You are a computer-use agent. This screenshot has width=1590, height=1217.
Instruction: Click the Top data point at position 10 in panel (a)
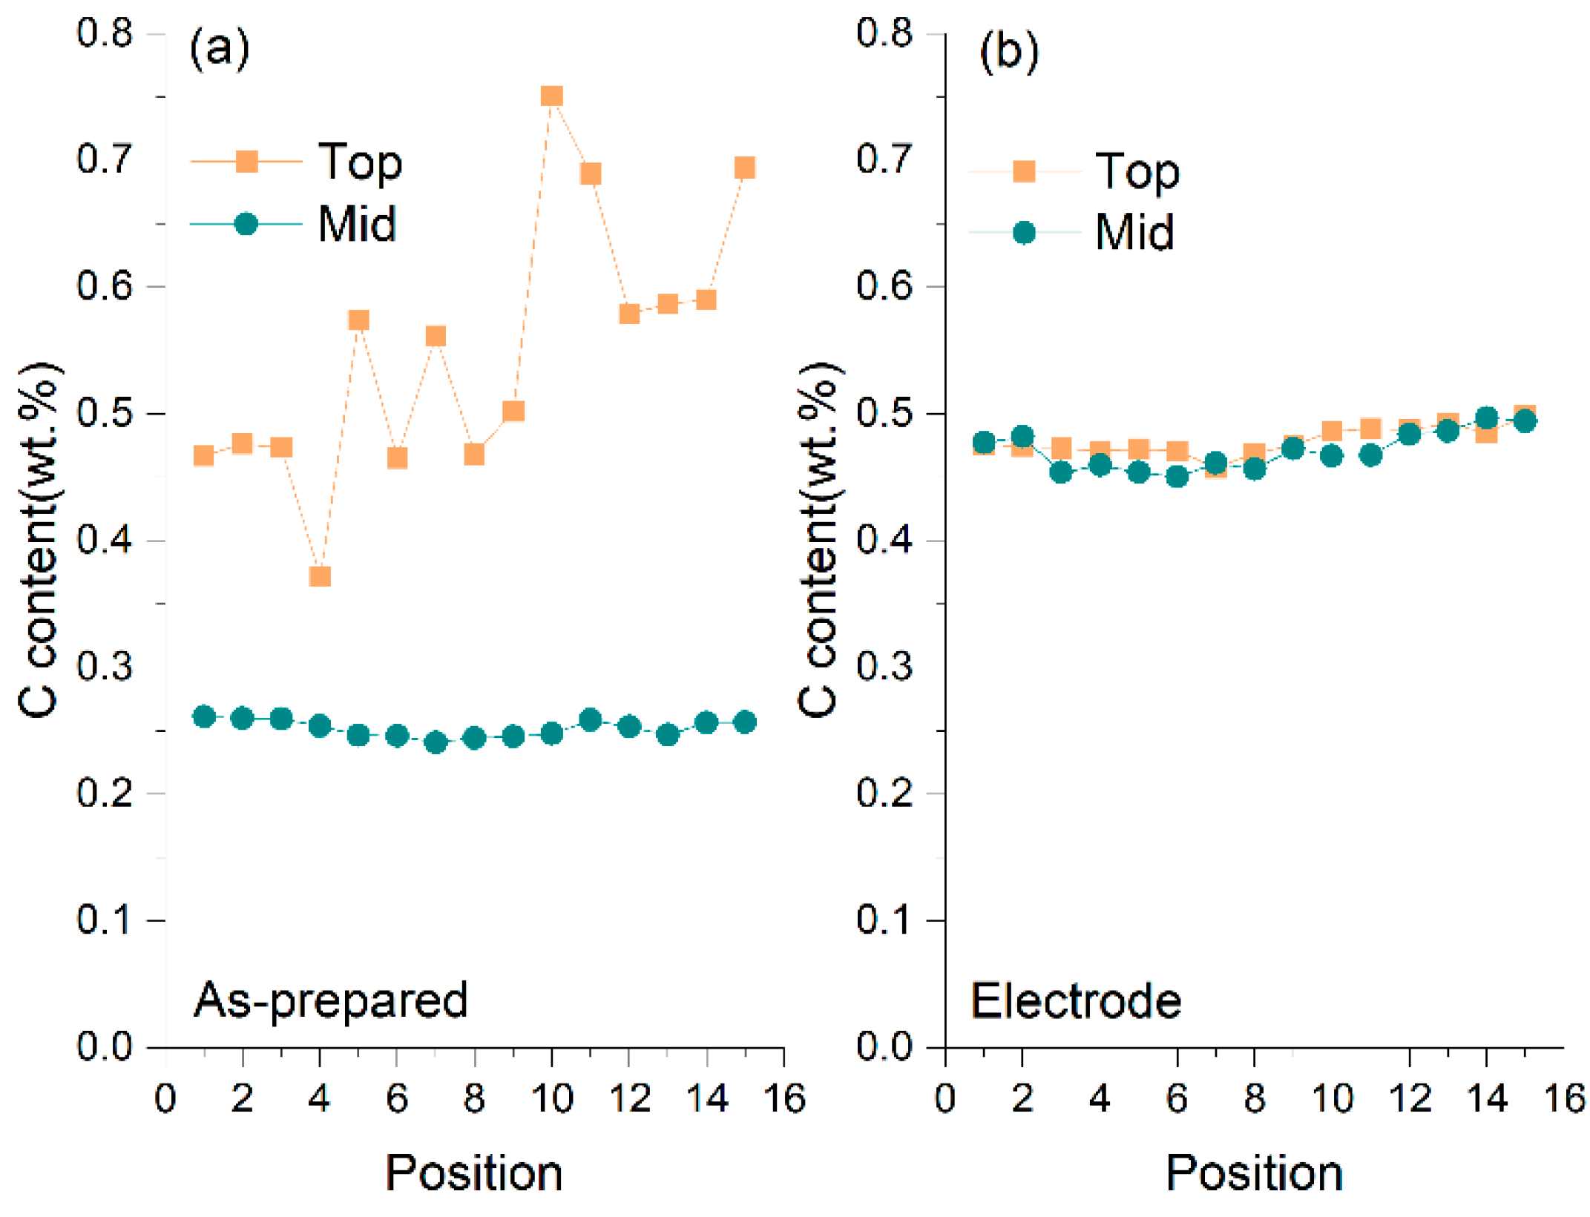click(551, 96)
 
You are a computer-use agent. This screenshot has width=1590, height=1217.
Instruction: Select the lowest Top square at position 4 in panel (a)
click(320, 576)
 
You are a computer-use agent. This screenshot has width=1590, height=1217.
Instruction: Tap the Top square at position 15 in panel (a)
click(745, 168)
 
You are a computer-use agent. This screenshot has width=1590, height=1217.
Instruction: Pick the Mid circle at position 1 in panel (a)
click(204, 716)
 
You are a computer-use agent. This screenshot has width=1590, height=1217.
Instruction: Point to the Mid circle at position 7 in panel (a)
click(436, 742)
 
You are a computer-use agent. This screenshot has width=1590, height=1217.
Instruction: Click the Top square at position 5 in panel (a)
click(358, 320)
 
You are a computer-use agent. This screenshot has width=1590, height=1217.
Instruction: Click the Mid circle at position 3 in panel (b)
click(1061, 472)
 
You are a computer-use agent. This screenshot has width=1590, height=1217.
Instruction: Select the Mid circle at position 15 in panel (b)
click(1525, 421)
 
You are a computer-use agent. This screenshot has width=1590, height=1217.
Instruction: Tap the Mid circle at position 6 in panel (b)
click(1177, 476)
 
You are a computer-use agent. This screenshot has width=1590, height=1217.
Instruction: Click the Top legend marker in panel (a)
click(246, 161)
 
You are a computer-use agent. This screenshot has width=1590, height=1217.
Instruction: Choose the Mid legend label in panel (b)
click(1134, 232)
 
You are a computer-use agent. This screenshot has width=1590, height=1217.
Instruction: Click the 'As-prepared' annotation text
click(331, 1000)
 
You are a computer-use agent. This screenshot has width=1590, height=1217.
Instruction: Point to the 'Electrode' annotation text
click(1076, 1001)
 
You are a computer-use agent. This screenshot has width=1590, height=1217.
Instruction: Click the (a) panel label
click(220, 50)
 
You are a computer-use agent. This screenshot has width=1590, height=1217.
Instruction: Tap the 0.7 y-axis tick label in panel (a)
click(105, 159)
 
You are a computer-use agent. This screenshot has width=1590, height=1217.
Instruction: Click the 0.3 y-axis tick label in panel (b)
click(884, 666)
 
